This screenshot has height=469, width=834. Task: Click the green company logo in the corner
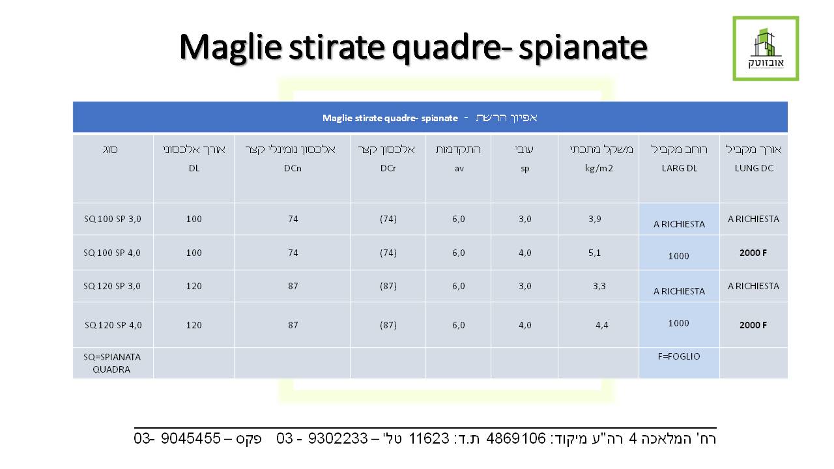(x=766, y=48)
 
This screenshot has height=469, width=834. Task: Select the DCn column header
(x=293, y=168)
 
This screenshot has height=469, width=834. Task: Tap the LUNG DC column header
(x=754, y=168)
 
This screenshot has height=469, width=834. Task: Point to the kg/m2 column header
(x=599, y=169)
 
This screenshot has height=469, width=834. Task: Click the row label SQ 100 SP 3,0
(x=113, y=219)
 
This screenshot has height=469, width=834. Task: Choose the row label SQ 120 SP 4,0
(x=113, y=325)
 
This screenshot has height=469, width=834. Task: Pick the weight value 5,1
(x=595, y=253)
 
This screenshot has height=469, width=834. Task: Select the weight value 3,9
(x=595, y=219)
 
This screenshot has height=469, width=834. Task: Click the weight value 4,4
(x=601, y=325)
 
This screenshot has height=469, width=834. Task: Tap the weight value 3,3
(x=599, y=286)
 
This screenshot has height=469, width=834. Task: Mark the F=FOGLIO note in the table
(x=679, y=356)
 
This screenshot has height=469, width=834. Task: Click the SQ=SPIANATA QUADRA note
(x=111, y=363)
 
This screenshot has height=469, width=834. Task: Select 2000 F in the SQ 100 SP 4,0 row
(x=753, y=253)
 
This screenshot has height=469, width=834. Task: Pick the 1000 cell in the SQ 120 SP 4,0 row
(x=679, y=323)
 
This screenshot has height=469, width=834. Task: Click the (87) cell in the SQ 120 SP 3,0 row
(x=388, y=286)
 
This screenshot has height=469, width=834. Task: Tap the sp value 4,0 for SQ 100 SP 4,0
(x=525, y=253)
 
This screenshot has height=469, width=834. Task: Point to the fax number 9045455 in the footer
(x=191, y=438)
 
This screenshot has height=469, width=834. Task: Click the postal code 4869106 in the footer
(x=516, y=438)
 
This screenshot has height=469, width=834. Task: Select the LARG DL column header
(x=680, y=168)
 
